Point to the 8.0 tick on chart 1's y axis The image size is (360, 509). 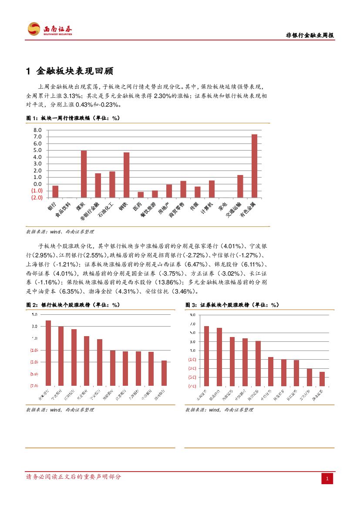[x=37, y=130]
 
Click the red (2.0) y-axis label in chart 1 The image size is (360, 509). [x=37, y=197]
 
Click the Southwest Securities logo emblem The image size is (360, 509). [x=34, y=29]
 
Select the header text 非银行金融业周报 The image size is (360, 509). [x=310, y=36]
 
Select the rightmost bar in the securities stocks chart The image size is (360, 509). [x=322, y=378]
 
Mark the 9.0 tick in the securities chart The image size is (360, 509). [x=192, y=314]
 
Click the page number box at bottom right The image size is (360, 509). [x=327, y=479]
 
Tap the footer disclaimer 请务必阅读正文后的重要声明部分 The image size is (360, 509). [x=74, y=477]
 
